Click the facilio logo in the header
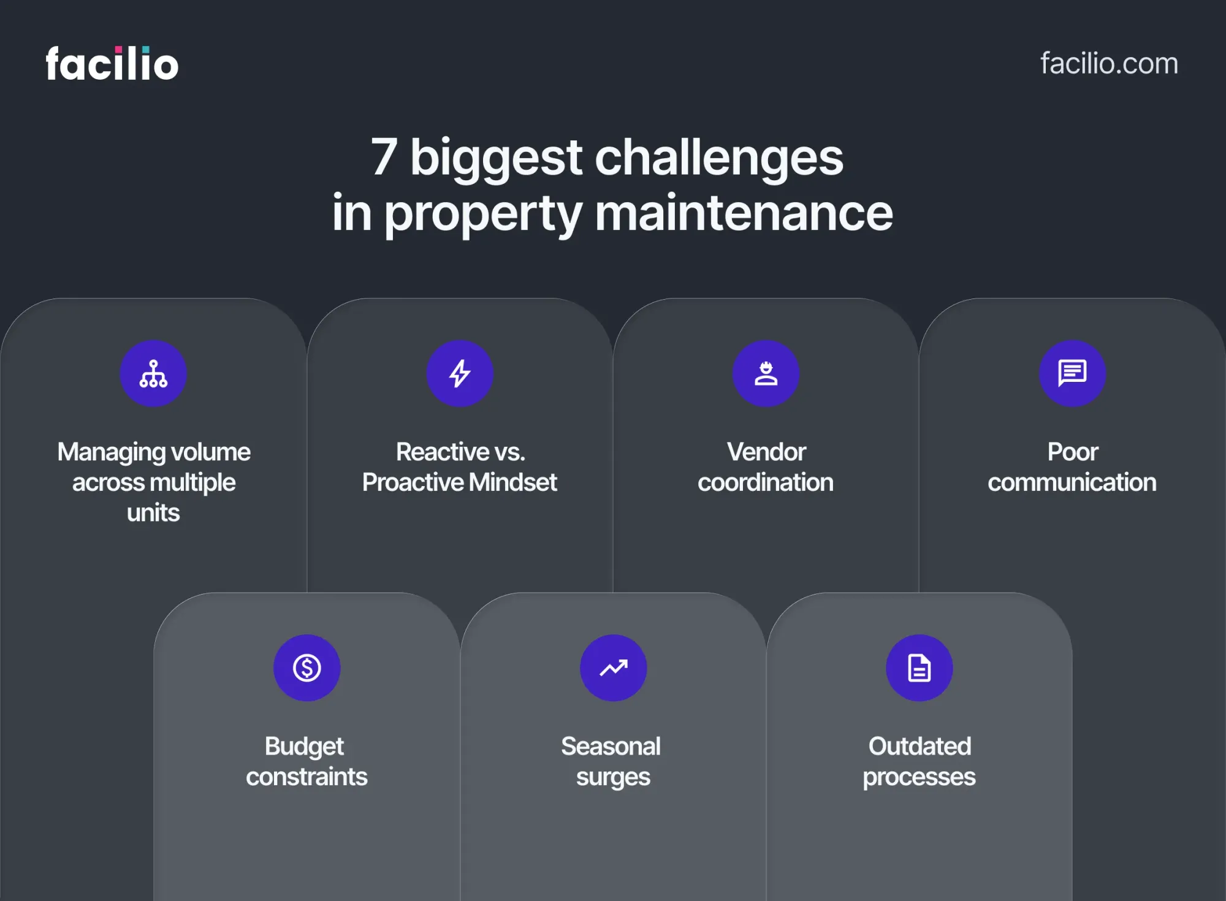(x=112, y=63)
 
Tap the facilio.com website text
(x=1109, y=63)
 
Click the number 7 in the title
(x=384, y=157)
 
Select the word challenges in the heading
(x=719, y=158)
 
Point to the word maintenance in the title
(x=744, y=213)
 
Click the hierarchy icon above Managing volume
(x=153, y=373)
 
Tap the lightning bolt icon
(x=460, y=373)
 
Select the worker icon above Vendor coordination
(x=766, y=373)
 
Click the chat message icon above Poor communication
(x=1073, y=373)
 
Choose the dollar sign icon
(x=306, y=667)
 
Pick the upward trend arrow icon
(x=614, y=667)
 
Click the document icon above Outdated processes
(x=919, y=667)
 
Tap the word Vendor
(x=766, y=452)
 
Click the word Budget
(x=304, y=747)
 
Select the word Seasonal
(x=611, y=746)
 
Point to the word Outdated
(x=919, y=746)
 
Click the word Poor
(x=1073, y=452)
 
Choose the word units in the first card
(x=153, y=512)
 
